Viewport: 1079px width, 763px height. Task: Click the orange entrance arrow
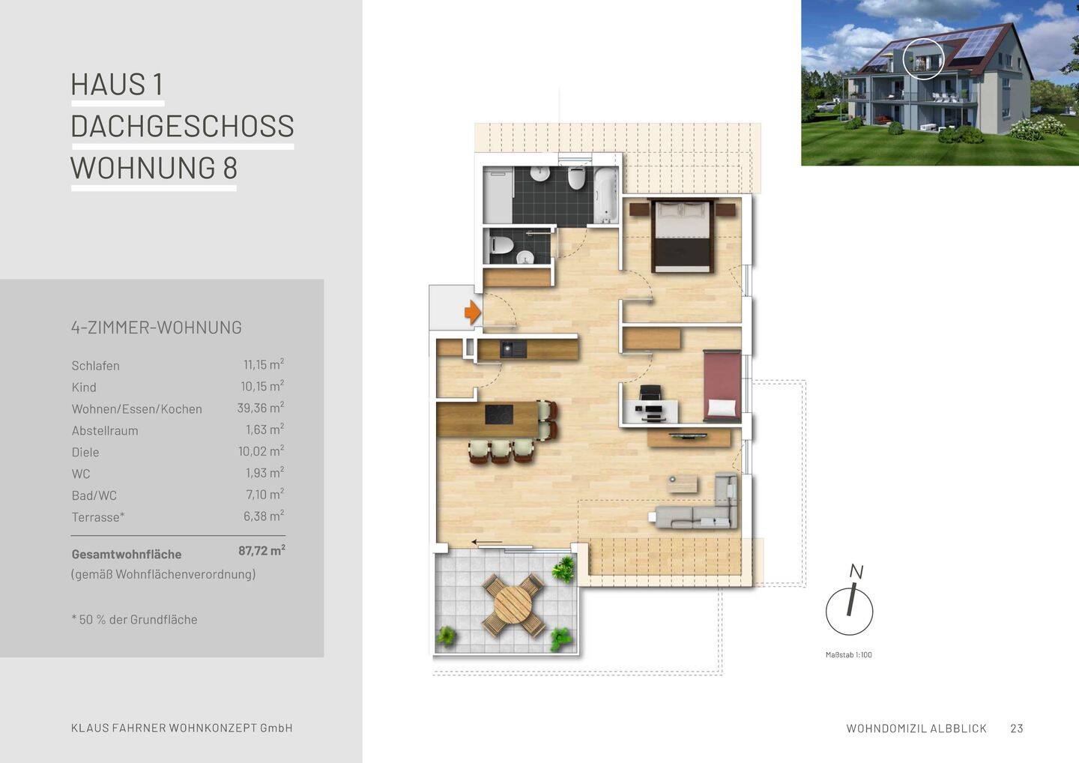click(472, 312)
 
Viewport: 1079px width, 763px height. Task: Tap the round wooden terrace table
click(513, 604)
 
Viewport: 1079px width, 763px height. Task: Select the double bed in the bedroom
click(681, 235)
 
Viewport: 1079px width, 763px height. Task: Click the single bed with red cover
click(722, 385)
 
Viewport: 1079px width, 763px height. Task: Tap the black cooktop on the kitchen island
click(499, 414)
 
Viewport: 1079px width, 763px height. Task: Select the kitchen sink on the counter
click(514, 349)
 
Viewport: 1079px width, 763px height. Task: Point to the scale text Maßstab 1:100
click(848, 655)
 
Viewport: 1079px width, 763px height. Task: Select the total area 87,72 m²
click(262, 551)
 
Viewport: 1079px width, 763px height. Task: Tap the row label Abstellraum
click(105, 431)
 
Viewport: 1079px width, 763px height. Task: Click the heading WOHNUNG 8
click(154, 168)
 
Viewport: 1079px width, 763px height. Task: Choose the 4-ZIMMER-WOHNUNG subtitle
click(157, 328)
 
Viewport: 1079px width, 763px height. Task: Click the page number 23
click(1016, 729)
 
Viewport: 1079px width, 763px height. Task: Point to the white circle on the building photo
click(923, 58)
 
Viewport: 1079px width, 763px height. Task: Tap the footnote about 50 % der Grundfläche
click(135, 620)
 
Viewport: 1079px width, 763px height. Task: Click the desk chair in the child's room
click(650, 393)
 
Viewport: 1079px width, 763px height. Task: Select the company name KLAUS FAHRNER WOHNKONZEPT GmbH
click(182, 729)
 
